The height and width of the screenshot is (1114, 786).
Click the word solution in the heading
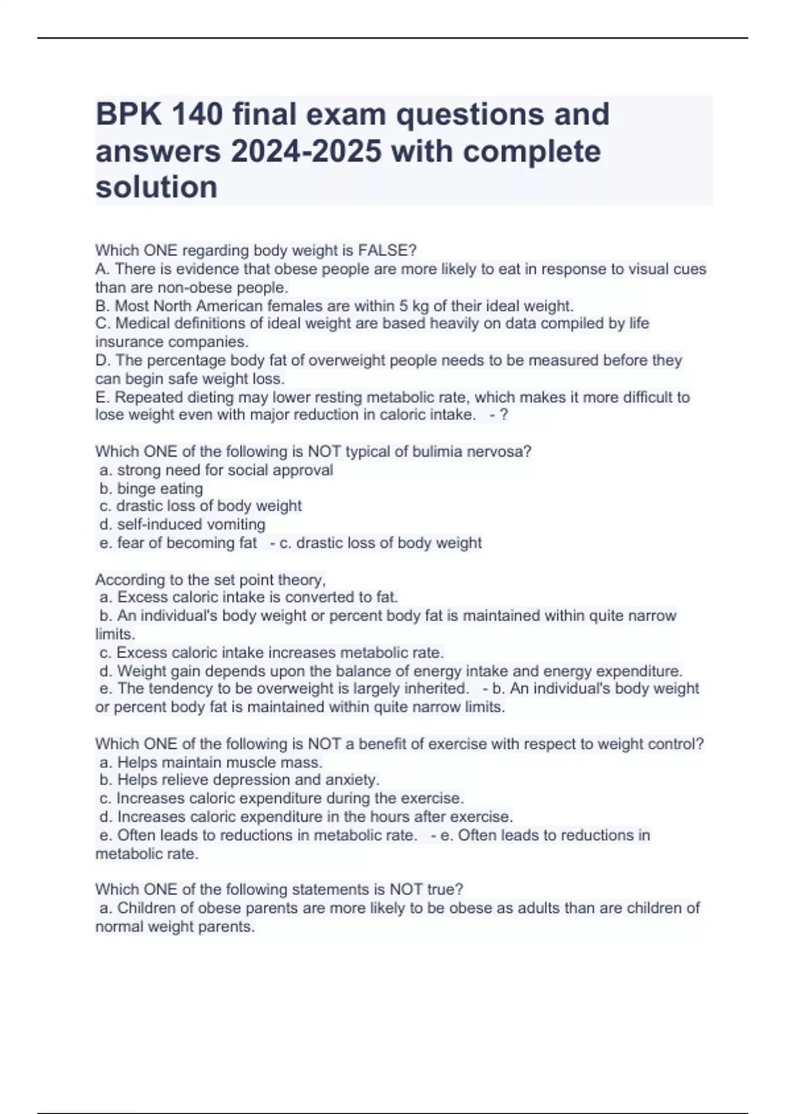click(157, 187)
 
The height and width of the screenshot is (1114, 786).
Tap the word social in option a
click(248, 470)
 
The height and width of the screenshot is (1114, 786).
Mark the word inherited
click(433, 689)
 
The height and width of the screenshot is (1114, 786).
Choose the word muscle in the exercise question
click(254, 763)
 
